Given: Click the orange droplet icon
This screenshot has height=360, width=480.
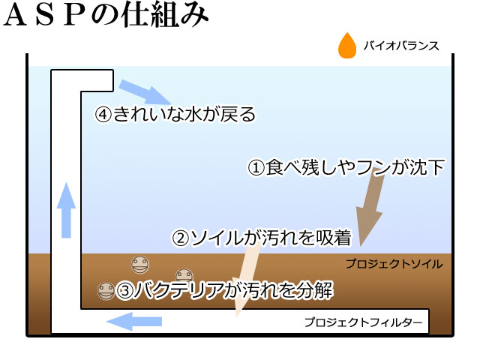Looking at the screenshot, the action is [x=347, y=46].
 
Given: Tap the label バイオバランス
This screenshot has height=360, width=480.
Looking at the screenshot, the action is [x=401, y=46].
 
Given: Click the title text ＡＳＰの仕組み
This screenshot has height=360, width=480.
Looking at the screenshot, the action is [x=106, y=16].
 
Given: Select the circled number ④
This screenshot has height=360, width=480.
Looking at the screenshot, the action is [x=103, y=115].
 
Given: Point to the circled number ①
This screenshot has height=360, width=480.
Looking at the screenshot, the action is [x=256, y=168].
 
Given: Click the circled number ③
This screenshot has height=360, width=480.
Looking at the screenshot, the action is [x=124, y=290].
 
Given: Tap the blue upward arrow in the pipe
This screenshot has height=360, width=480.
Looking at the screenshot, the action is [x=66, y=210].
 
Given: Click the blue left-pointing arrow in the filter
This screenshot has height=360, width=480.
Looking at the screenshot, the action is [x=134, y=322].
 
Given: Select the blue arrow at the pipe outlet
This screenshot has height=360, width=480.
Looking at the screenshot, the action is [x=145, y=92].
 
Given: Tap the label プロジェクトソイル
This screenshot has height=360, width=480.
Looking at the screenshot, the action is [x=394, y=264].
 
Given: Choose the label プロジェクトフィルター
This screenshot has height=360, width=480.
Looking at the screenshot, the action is [x=364, y=322].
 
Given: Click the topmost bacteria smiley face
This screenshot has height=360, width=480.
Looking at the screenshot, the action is [x=140, y=265].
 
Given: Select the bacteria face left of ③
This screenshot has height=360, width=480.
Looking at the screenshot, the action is [x=106, y=291].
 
